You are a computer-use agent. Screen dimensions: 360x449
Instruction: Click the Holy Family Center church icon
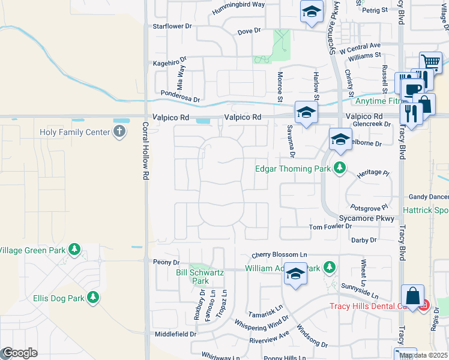coord(119,132)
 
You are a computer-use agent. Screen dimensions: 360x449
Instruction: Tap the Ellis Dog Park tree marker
coord(93,297)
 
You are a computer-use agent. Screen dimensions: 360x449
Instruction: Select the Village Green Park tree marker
coord(74,249)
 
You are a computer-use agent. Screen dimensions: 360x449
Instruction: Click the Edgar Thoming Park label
coord(294,169)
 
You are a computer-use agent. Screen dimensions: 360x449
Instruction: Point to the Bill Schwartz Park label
coord(200,277)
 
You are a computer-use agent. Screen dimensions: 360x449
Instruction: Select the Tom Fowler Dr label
coord(330,227)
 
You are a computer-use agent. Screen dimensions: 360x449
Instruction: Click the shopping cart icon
coord(431,61)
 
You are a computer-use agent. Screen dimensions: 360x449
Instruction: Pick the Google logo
coord(20,353)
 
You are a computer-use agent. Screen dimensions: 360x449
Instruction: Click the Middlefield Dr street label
coord(175,334)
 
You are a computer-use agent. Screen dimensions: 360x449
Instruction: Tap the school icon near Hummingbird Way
coord(312,12)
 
